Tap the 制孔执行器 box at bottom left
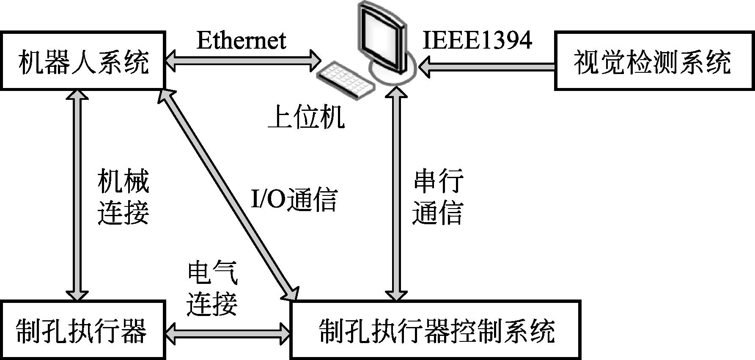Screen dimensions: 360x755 [x=82, y=330]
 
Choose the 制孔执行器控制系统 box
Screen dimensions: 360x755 [x=436, y=330]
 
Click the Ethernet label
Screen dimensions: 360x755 [x=241, y=41]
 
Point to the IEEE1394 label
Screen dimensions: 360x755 [x=477, y=41]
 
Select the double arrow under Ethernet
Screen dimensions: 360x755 [x=243, y=60]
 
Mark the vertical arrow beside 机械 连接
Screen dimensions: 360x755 [x=77, y=195]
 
